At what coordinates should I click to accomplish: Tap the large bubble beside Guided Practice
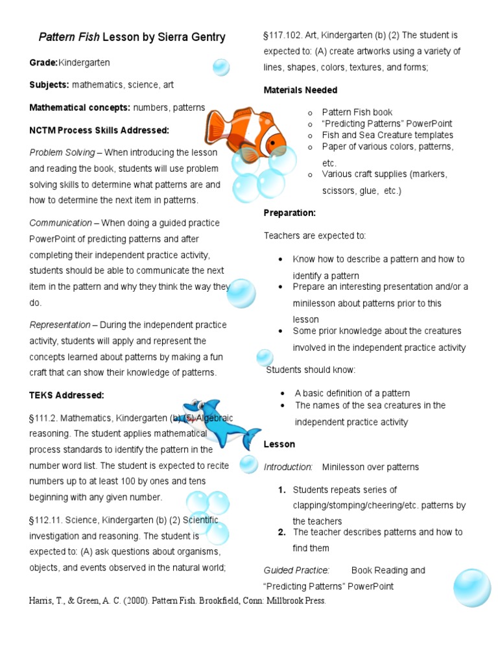[x=472, y=587]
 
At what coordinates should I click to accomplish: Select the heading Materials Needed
[x=300, y=90]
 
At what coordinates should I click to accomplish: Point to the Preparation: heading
[x=289, y=213]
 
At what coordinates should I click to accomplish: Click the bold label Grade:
[x=43, y=63]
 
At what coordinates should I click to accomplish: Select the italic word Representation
[x=60, y=325]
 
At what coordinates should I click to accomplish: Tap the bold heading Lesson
[x=279, y=444]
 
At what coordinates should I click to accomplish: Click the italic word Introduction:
[x=288, y=467]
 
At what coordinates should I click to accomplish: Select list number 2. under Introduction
[x=282, y=532]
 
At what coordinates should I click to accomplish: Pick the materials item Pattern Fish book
[x=357, y=112]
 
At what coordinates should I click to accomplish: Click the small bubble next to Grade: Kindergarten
[x=220, y=67]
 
